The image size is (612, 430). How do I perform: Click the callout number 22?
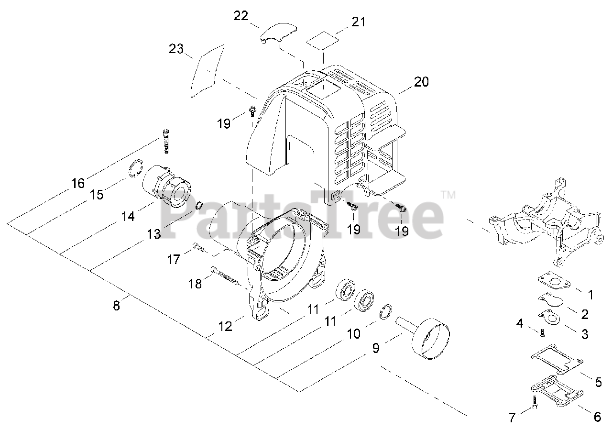click(241, 15)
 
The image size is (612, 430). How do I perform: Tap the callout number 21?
click(358, 22)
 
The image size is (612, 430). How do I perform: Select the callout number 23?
click(176, 49)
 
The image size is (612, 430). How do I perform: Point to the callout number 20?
click(421, 81)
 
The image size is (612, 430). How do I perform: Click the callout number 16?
click(78, 183)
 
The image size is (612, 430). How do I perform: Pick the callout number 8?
click(116, 305)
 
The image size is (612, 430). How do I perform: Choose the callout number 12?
click(225, 326)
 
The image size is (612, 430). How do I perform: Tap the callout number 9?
click(376, 348)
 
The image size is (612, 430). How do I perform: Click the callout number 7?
click(512, 418)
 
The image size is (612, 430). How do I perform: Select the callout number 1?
click(590, 295)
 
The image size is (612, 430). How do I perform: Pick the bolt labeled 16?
click(166, 141)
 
